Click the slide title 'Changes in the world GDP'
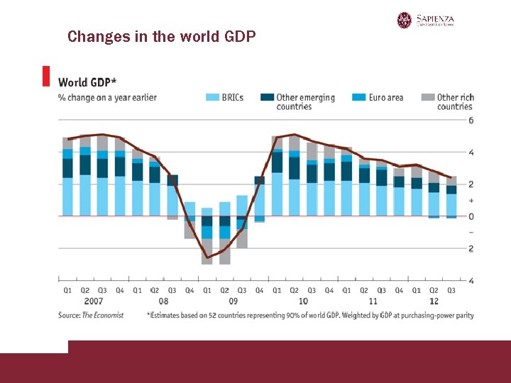(x=161, y=36)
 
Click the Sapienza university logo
(x=425, y=20)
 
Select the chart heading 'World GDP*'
(x=87, y=82)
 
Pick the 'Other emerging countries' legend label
(x=305, y=101)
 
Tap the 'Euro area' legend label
(x=386, y=97)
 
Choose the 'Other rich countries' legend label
(x=454, y=101)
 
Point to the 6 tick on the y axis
(x=471, y=121)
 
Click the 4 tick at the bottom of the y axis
(x=471, y=281)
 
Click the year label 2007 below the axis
(x=94, y=301)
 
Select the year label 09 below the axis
(x=233, y=301)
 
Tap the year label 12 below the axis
(x=434, y=301)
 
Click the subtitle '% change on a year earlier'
(x=107, y=97)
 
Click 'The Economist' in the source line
(x=103, y=315)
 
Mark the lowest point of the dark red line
(x=207, y=257)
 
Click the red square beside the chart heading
(x=46, y=76)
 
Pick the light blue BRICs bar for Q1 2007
(x=67, y=196)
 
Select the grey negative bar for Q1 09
(x=207, y=252)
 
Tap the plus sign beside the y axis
(x=471, y=201)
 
